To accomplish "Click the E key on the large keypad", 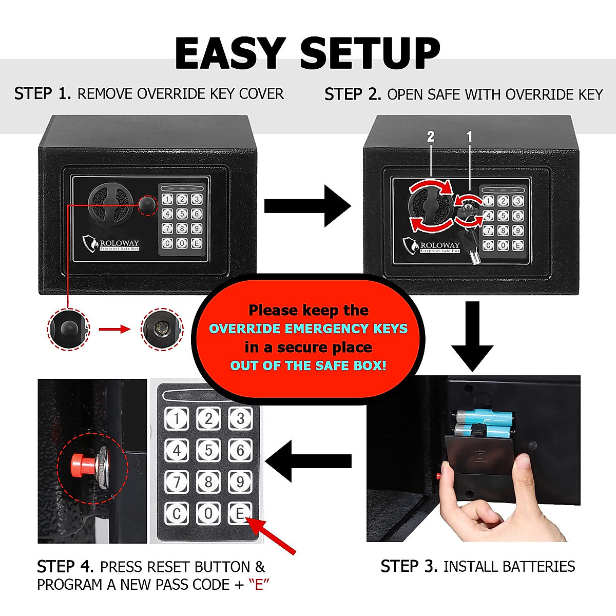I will pos(240,513).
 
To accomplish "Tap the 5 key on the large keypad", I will pos(208,450).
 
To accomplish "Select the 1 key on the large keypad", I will pos(177,418).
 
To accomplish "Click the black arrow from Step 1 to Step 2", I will pos(307,206).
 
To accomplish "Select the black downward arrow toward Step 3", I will pos(472,336).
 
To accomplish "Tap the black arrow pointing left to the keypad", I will pos(308,461).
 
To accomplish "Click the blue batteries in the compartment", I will pos(483,423).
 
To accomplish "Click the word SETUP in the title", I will pos(370,53).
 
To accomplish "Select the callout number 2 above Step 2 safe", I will pos(431,137).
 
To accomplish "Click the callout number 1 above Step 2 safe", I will pos(469,137).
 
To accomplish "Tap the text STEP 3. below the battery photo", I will pos(409,566).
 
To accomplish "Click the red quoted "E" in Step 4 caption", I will pos(259,585).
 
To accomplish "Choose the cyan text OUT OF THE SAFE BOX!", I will pos(308,365).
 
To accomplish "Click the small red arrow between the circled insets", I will pos(114,329).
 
